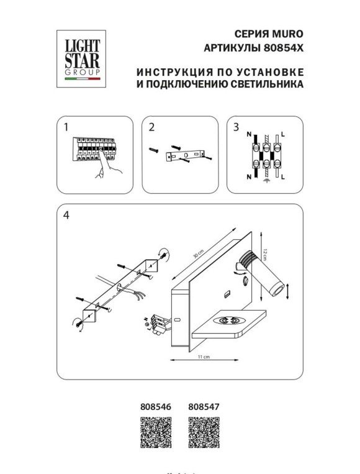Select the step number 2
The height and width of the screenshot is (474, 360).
tap(151, 127)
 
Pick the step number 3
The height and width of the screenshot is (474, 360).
tap(236, 127)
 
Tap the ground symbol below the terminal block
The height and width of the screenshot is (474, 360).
tap(266, 183)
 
